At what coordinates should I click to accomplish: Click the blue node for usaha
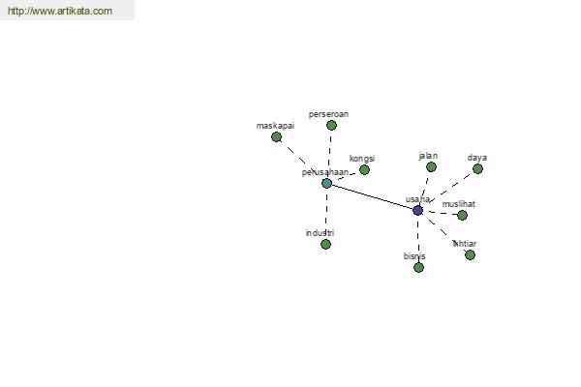(x=417, y=210)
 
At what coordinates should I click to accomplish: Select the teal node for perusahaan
(x=326, y=183)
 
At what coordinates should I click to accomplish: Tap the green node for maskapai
(x=276, y=137)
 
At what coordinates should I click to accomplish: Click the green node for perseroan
(x=331, y=126)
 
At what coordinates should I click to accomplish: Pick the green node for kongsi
(x=364, y=170)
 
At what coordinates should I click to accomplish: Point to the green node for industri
(x=325, y=245)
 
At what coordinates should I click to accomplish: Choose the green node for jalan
(x=431, y=167)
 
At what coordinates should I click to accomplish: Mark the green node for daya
(x=477, y=169)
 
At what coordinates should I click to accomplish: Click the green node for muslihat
(x=462, y=216)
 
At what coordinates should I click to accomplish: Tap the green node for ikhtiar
(x=470, y=255)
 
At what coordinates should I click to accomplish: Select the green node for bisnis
(x=418, y=268)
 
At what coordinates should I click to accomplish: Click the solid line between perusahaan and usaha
(x=372, y=196)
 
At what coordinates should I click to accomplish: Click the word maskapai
(x=275, y=126)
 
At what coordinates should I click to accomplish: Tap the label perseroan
(x=328, y=114)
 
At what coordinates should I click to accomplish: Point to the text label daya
(x=476, y=158)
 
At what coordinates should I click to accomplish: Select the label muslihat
(x=459, y=204)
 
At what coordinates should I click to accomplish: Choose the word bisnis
(x=414, y=256)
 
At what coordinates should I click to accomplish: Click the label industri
(x=320, y=233)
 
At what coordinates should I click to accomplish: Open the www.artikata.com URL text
(x=59, y=12)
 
